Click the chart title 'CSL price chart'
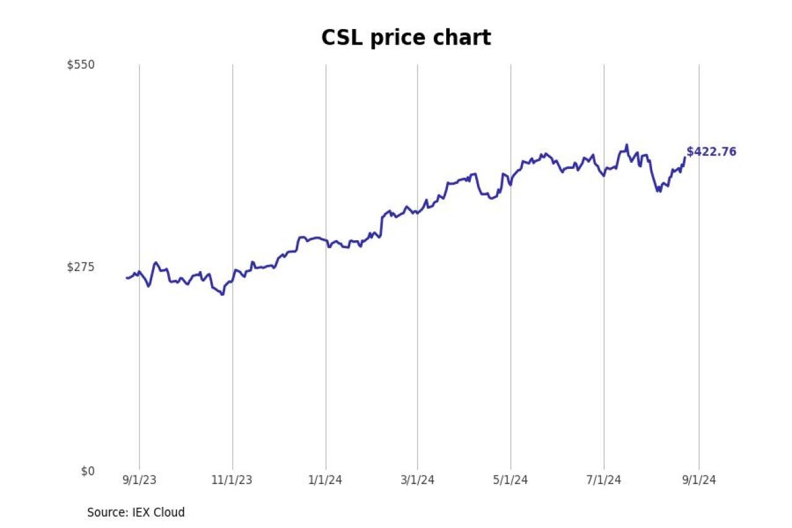click(x=406, y=38)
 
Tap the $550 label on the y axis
click(x=80, y=64)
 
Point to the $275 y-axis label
click(x=80, y=267)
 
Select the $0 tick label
click(x=88, y=471)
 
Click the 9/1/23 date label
click(x=139, y=480)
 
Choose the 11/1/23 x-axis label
click(x=233, y=480)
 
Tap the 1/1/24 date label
click(x=326, y=480)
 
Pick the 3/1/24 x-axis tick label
click(x=417, y=480)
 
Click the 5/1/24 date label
click(x=510, y=480)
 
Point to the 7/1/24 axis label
click(x=604, y=480)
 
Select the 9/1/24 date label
click(x=699, y=480)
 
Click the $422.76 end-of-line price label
click(x=712, y=152)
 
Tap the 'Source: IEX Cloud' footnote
click(x=136, y=513)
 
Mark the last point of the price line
click(x=684, y=157)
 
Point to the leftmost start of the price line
click(x=127, y=278)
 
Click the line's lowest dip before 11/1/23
click(x=222, y=294)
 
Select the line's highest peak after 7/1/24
click(x=627, y=145)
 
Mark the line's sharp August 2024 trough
click(x=659, y=191)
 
